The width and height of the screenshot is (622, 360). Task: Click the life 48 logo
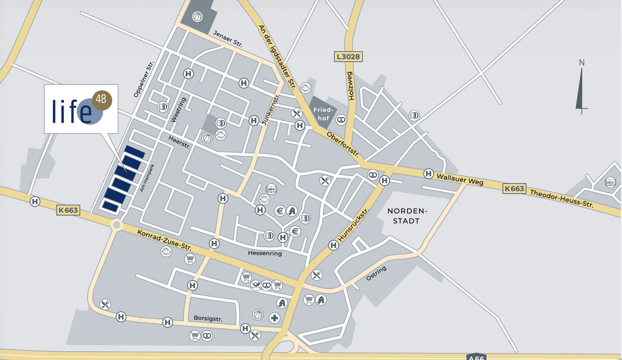pos(81,109)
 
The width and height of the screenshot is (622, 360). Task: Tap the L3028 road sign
pos(348,57)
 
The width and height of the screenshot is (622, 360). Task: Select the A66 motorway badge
pos(477,357)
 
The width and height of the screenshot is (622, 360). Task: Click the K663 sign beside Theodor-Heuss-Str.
pos(514,189)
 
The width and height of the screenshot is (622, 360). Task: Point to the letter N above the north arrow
pos(582,63)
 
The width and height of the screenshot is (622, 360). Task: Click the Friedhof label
pos(323,114)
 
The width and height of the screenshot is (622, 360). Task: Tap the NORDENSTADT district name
pos(407,216)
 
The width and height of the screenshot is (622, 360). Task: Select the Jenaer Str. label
pos(228,38)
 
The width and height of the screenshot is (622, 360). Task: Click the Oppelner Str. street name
pos(143,79)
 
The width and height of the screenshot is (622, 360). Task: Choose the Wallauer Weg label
pos(460,179)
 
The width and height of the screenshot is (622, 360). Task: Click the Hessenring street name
pos(265,253)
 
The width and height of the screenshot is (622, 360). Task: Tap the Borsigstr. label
pos(208,318)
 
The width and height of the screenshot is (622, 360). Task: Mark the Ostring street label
pos(376,273)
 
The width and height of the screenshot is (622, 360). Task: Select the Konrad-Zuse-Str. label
pos(164,240)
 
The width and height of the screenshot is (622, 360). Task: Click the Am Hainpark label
pos(147,178)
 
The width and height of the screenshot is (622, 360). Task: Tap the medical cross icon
pos(274,318)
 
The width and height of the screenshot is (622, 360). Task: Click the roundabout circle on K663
pos(117,225)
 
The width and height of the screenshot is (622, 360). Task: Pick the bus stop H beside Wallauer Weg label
pos(428,174)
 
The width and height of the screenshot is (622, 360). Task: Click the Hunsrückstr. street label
pos(354,225)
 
